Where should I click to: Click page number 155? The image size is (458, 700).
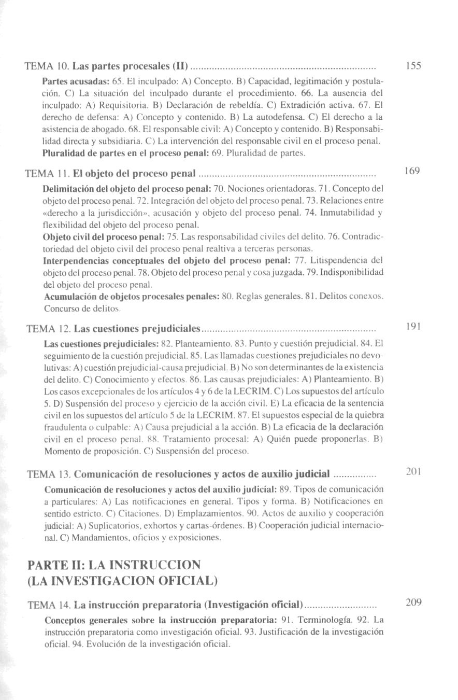pyautogui.click(x=413, y=66)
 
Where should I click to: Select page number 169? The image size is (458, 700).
pyautogui.click(x=413, y=171)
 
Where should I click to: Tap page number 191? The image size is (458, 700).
pyautogui.click(x=413, y=327)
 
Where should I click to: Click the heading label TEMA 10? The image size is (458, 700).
pyautogui.click(x=47, y=67)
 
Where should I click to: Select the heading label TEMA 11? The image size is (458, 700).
pyautogui.click(x=47, y=173)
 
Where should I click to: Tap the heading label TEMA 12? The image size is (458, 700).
pyautogui.click(x=48, y=329)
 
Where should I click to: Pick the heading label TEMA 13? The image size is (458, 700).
pyautogui.click(x=48, y=474)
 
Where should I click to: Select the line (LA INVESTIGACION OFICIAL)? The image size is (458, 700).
pyautogui.click(x=121, y=580)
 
